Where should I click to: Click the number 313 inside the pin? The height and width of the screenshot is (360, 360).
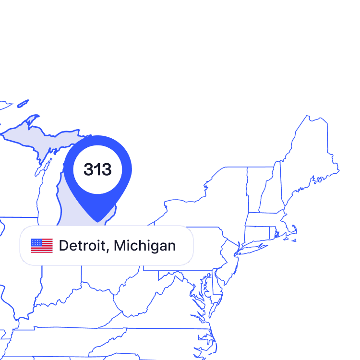click(97, 169)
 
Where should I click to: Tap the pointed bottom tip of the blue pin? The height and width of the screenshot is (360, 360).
click(97, 221)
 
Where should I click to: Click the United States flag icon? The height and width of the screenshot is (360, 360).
click(42, 245)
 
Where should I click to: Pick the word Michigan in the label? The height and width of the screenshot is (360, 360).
click(144, 246)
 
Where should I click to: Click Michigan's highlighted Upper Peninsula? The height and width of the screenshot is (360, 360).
click(43, 139)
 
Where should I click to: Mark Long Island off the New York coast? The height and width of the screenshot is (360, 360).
click(259, 247)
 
